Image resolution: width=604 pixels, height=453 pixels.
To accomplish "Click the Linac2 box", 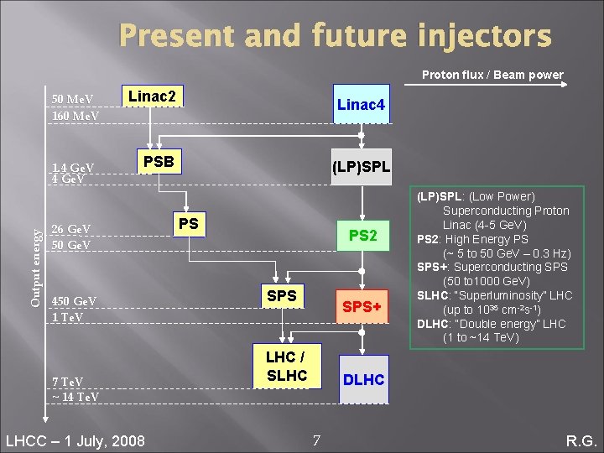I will coord(152,97).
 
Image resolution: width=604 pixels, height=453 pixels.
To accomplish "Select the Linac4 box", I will coord(361,105).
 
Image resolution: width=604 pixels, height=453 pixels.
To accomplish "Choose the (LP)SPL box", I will coord(361,168).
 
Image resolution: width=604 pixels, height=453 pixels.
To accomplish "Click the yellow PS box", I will coord(189,224).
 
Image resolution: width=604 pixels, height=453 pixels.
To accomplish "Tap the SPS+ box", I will coord(361,307).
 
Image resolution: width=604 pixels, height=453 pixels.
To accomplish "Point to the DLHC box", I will coord(363,380).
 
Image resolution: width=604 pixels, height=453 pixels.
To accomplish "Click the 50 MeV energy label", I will coord(73,100).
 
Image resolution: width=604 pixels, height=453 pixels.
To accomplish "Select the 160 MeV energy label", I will coord(75,115).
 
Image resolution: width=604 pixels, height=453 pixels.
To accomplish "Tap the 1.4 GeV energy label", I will coord(73,167).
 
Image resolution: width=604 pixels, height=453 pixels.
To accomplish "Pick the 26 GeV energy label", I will coord(71,229).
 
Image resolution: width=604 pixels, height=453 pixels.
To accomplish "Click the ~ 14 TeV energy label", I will coord(75,397).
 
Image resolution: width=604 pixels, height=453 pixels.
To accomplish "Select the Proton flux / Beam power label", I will coord(492,75).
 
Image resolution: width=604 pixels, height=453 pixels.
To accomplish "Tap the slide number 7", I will coord(315,440).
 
